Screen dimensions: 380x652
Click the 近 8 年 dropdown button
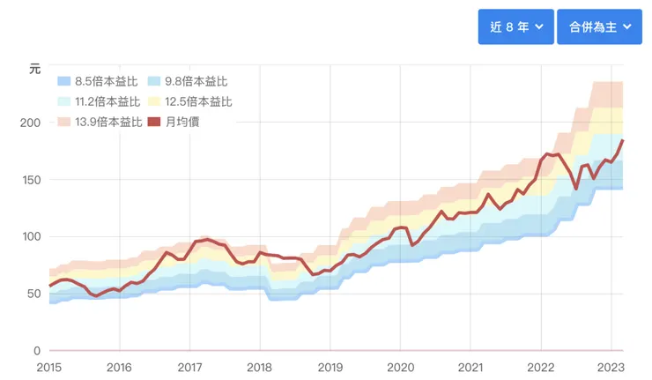pos(515,26)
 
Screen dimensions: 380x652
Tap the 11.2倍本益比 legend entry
pos(98,101)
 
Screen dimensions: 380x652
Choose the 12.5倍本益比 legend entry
pos(189,101)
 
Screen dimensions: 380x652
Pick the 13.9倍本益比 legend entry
pos(98,122)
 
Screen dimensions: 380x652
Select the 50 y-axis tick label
pos(34,294)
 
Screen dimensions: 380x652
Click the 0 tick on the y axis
pos(38,351)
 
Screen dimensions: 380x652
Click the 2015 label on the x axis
pos(49,367)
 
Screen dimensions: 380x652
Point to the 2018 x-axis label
pos(259,367)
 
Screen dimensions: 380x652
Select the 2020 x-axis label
pos(400,367)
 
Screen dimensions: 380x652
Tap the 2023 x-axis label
pos(611,367)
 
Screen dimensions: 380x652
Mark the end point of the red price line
pos(623,140)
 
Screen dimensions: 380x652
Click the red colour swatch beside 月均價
pos(155,122)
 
